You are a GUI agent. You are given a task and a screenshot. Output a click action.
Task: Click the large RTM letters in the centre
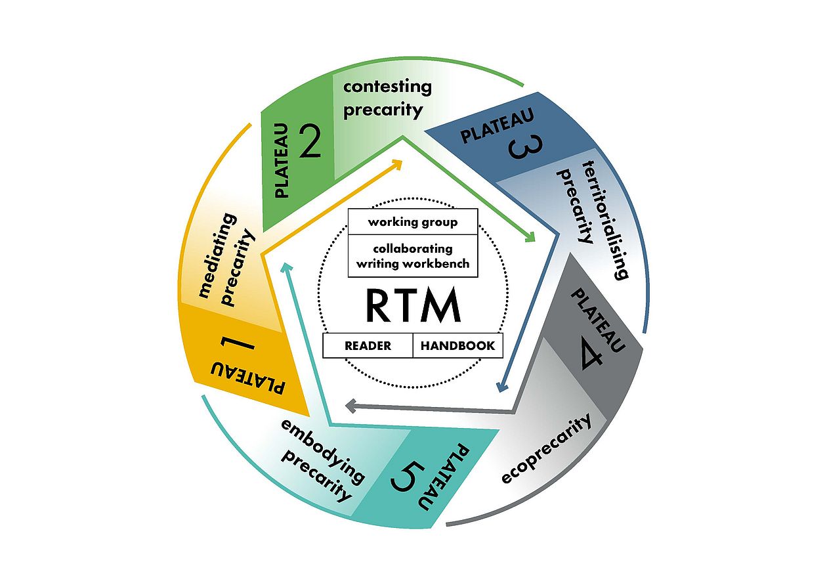click(x=413, y=306)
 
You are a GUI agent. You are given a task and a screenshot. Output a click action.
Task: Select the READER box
click(x=368, y=346)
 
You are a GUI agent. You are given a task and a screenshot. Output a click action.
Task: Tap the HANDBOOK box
click(x=457, y=346)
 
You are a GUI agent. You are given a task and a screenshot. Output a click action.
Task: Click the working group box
click(x=413, y=222)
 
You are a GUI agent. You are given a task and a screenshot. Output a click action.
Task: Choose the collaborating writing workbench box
click(x=413, y=256)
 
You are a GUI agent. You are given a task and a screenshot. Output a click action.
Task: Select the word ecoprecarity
click(x=546, y=449)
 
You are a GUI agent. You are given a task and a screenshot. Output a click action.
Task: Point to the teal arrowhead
click(x=286, y=266)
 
